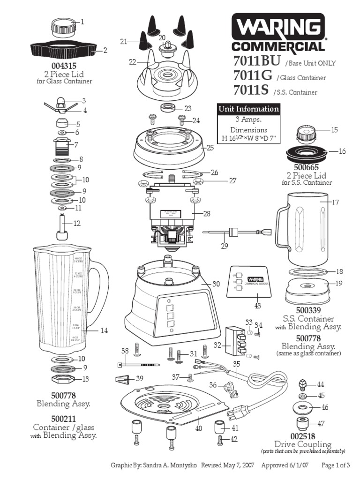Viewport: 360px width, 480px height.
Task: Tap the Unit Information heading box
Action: pyautogui.click(x=248, y=109)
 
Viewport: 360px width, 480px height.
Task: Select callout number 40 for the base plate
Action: pyautogui.click(x=198, y=427)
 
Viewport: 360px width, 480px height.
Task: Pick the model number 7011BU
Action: pyautogui.click(x=256, y=61)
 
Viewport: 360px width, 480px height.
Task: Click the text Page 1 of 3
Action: pyautogui.click(x=336, y=465)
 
